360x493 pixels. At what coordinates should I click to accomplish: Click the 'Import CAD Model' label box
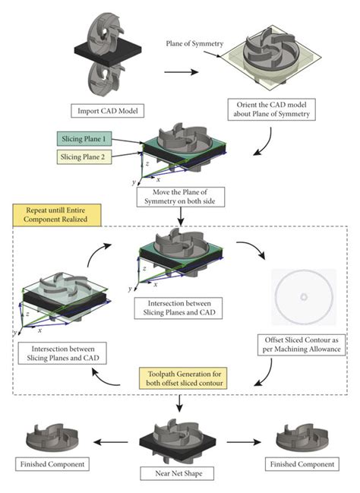click(x=105, y=109)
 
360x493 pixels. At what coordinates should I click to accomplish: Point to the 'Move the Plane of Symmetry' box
click(x=179, y=199)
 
